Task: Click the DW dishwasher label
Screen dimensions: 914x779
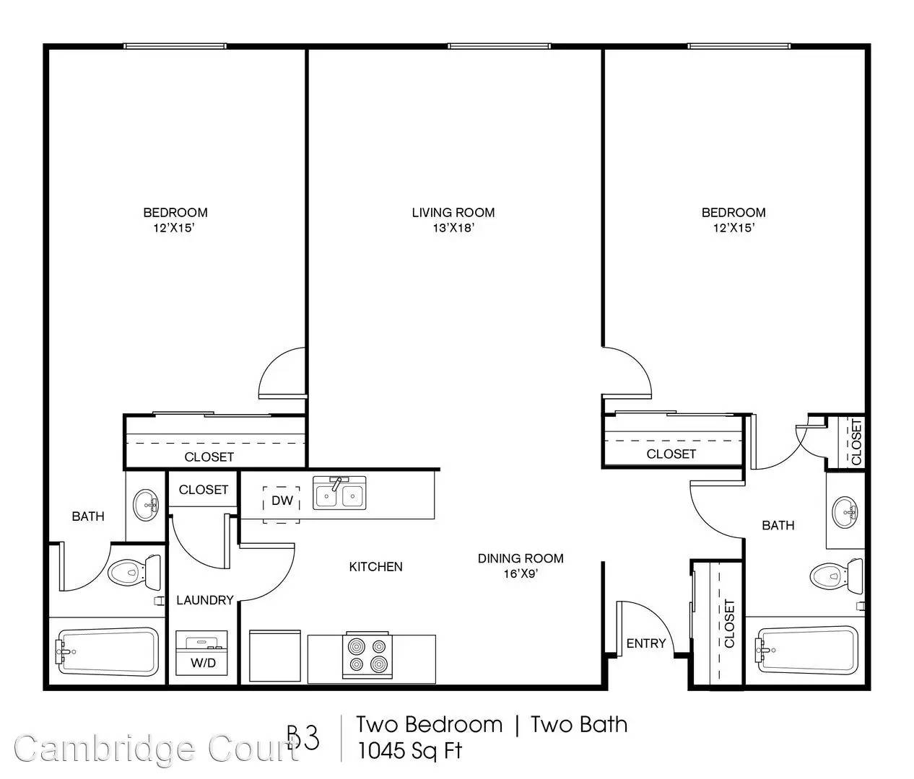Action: pyautogui.click(x=282, y=501)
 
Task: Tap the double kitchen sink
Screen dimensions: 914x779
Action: pyautogui.click(x=339, y=493)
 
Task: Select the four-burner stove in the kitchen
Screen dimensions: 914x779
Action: pyautogui.click(x=367, y=655)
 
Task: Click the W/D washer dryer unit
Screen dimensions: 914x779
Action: pyautogui.click(x=202, y=653)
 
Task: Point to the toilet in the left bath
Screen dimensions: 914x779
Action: pyautogui.click(x=134, y=573)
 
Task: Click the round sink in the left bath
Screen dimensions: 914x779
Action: pyautogui.click(x=146, y=505)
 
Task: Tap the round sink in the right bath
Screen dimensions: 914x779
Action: pyautogui.click(x=845, y=512)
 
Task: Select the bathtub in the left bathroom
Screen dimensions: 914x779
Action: pyautogui.click(x=107, y=652)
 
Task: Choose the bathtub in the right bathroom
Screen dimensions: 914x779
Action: pyautogui.click(x=807, y=650)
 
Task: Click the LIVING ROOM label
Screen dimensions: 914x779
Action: pyautogui.click(x=453, y=213)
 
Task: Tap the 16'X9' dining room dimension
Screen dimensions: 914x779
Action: pyautogui.click(x=521, y=573)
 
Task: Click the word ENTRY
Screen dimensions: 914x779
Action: pyautogui.click(x=646, y=643)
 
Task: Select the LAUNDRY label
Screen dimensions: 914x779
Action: pyautogui.click(x=205, y=600)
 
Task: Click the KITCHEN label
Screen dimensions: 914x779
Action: pyautogui.click(x=376, y=566)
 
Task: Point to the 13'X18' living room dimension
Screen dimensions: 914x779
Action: pyautogui.click(x=453, y=228)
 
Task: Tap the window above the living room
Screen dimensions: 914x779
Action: pyautogui.click(x=499, y=46)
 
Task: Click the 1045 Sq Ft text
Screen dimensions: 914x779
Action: pyautogui.click(x=409, y=751)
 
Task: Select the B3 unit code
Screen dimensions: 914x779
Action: pyautogui.click(x=303, y=739)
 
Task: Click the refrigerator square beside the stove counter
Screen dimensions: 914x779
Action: pyautogui.click(x=275, y=656)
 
